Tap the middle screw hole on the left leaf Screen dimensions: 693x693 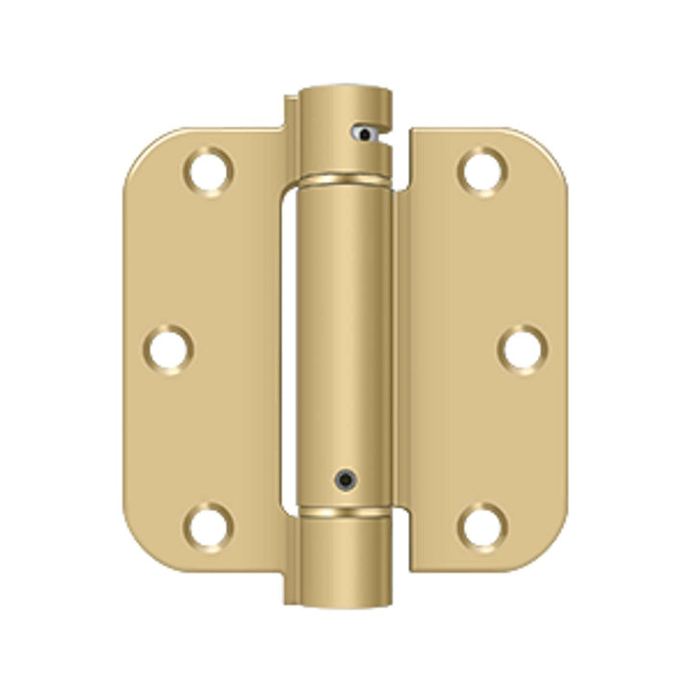169,348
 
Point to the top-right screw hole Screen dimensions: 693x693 481,171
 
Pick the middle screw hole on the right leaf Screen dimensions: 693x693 521,348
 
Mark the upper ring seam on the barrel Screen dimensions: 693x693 344,180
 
